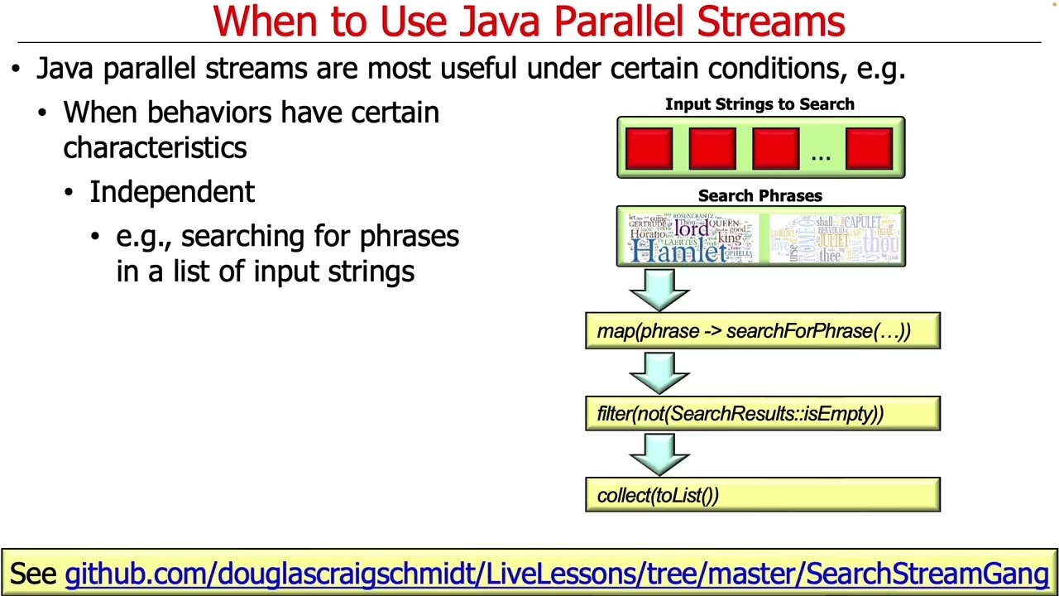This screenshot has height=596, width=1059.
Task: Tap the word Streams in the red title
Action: (x=770, y=22)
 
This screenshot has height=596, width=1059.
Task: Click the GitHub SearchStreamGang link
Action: (x=556, y=574)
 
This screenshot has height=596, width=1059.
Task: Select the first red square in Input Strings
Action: (x=649, y=148)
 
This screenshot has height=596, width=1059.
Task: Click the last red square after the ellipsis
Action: (x=869, y=148)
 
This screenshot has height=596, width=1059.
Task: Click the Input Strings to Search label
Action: (x=760, y=104)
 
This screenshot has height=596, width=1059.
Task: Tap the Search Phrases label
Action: (x=760, y=196)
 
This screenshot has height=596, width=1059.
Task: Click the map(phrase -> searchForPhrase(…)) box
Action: (x=762, y=331)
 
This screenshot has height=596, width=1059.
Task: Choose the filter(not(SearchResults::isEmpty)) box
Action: (x=762, y=414)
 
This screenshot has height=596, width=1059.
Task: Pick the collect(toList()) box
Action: (x=762, y=495)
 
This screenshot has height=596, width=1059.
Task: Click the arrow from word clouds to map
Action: (x=659, y=290)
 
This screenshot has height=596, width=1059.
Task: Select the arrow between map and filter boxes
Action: (x=659, y=372)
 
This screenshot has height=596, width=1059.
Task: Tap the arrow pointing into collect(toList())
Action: (x=659, y=454)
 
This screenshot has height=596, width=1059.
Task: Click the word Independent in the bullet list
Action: (x=172, y=192)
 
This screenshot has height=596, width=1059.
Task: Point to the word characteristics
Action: (x=155, y=148)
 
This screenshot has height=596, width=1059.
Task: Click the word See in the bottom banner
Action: (x=33, y=574)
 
